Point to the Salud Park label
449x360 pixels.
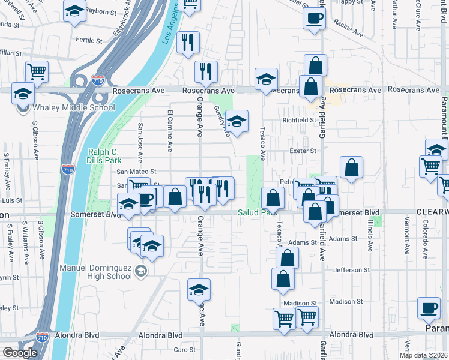pyautogui.click(x=256, y=213)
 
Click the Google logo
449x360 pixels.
pyautogui.click(x=19, y=353)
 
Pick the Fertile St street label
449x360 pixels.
pyautogui.click(x=90, y=40)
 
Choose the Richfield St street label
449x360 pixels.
pyautogui.click(x=300, y=120)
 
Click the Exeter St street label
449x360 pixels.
pyautogui.click(x=303, y=151)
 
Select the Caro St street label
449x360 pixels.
pyautogui.click(x=181, y=350)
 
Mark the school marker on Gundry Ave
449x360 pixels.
pyautogui.click(x=237, y=122)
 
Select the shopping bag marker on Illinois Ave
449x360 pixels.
pyautogui.click(x=352, y=167)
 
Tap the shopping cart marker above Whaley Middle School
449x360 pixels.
pyautogui.click(x=37, y=71)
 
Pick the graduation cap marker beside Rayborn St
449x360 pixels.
pyautogui.click(x=74, y=11)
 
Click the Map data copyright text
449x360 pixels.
pyautogui.click(x=424, y=355)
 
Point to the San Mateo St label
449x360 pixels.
pyautogui.click(x=136, y=172)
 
